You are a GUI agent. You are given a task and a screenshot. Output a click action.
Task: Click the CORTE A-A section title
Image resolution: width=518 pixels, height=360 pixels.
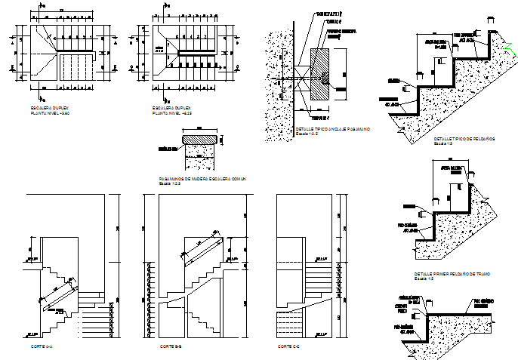click(x=42, y=346)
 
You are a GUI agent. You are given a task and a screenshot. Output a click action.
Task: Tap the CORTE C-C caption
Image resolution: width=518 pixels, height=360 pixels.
click(x=288, y=346)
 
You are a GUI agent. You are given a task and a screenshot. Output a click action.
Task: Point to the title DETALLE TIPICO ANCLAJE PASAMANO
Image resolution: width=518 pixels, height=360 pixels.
click(x=331, y=129)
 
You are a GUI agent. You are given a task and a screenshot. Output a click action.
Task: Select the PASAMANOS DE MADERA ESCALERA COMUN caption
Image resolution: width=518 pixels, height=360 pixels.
click(x=203, y=179)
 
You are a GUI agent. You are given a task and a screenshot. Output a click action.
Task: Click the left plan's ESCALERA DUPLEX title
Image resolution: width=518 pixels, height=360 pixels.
click(x=46, y=108)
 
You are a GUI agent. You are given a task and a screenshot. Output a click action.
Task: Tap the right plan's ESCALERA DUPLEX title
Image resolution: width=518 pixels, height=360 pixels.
click(x=168, y=108)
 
